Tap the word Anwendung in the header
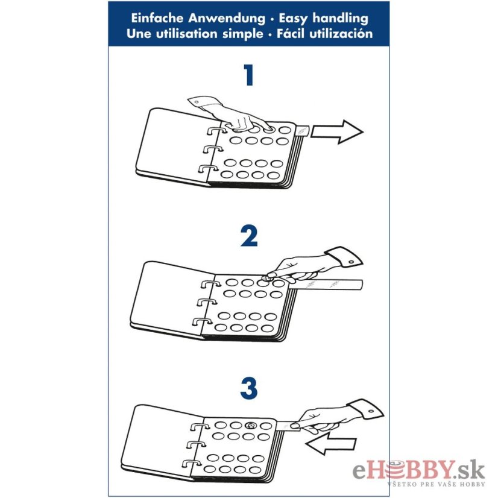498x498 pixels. point(227,19)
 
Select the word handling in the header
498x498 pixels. point(340,19)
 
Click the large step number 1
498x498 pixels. point(248,75)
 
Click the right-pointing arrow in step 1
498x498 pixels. point(336,132)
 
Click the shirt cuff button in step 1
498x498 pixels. point(197,102)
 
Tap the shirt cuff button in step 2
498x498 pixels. point(351,262)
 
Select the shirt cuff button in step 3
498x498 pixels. point(371,412)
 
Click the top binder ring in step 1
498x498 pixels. point(218,131)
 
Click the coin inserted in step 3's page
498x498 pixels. point(251,425)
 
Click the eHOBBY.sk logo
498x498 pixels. point(418,473)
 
